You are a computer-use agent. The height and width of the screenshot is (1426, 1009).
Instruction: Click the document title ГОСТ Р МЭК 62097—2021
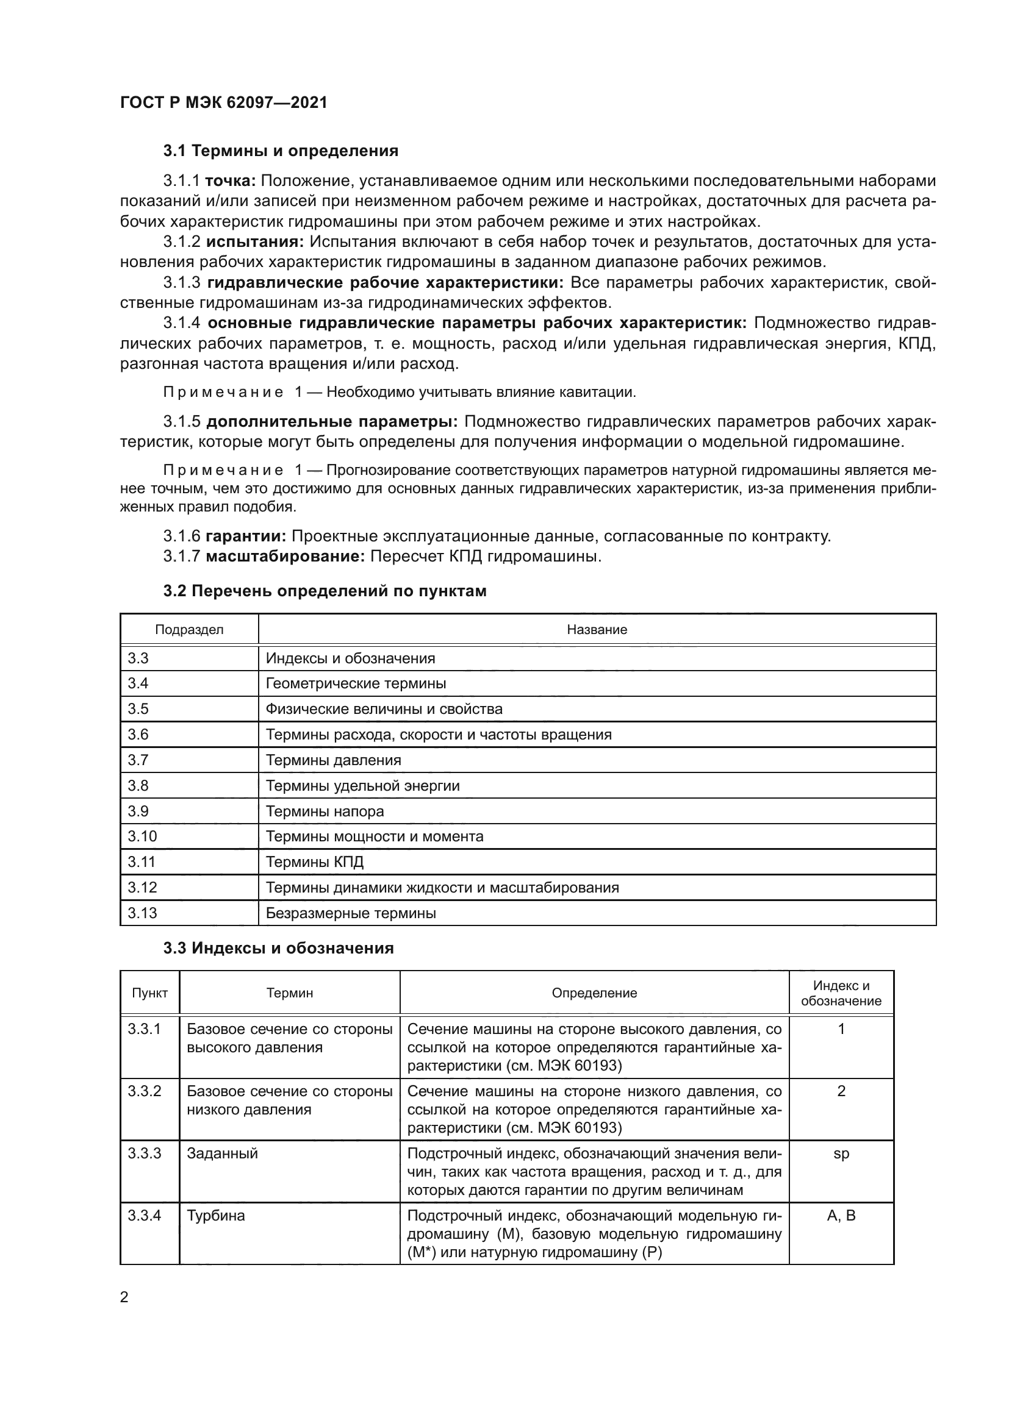click(x=224, y=102)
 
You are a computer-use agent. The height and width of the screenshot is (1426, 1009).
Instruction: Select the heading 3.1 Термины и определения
click(x=280, y=151)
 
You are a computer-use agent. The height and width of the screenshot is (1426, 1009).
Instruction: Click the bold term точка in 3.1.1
click(x=231, y=180)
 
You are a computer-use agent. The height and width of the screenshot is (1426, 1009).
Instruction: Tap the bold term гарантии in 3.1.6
click(x=245, y=536)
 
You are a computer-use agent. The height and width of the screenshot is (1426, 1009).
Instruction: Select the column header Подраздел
click(x=189, y=630)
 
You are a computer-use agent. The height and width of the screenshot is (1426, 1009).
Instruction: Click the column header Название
click(x=597, y=630)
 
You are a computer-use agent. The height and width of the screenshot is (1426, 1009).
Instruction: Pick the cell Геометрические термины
click(x=356, y=684)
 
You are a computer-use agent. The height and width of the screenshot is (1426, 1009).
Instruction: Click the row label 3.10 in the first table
click(x=142, y=836)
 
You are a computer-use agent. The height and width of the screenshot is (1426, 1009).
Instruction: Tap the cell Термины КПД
click(x=314, y=862)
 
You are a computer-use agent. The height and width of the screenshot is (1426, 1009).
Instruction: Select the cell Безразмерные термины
click(x=350, y=913)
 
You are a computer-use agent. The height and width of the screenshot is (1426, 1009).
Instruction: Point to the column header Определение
click(x=594, y=993)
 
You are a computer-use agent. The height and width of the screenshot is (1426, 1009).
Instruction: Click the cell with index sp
click(x=841, y=1153)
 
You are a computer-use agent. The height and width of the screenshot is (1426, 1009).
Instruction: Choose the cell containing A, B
click(x=841, y=1216)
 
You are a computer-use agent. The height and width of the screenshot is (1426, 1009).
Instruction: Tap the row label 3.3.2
click(x=144, y=1091)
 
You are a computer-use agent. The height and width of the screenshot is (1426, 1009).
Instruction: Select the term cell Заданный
click(x=222, y=1153)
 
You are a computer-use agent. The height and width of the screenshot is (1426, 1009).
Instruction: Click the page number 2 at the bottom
click(x=124, y=1297)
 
